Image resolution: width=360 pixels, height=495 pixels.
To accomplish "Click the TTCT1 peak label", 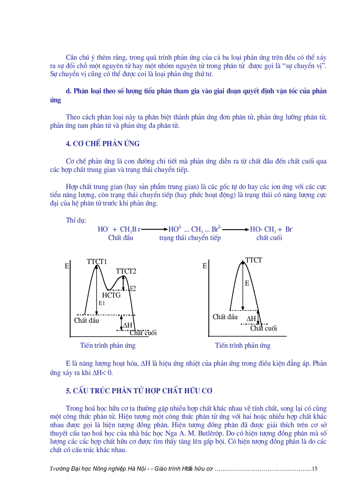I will [x=97, y=262].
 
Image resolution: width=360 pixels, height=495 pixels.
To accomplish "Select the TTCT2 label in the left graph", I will [x=126, y=271].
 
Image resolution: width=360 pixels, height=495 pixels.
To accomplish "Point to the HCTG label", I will [x=111, y=295].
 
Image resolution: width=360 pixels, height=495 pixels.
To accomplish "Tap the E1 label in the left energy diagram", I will [x=101, y=303].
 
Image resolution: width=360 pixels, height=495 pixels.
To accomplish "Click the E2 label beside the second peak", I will [x=132, y=289].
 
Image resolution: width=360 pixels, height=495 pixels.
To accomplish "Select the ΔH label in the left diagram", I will [x=127, y=325].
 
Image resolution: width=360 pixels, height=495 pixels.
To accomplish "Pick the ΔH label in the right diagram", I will [x=251, y=319].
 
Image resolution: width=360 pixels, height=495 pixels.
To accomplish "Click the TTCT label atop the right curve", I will [x=254, y=260].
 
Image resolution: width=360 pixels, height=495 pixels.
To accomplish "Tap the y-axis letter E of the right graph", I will [x=205, y=266].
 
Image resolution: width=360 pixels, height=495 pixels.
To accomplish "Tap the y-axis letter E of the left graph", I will [x=67, y=266].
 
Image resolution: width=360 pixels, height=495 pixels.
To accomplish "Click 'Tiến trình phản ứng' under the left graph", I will [x=108, y=345].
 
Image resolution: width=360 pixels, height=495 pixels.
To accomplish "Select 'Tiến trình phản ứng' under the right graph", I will [x=243, y=345].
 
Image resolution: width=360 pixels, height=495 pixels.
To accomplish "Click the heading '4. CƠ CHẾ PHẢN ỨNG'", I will [x=102, y=144].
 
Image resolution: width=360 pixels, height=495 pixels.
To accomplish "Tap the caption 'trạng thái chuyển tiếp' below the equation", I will [x=190, y=238].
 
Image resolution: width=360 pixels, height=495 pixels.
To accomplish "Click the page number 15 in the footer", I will [x=314, y=469].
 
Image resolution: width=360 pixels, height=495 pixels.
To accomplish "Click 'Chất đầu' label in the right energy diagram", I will [x=225, y=317].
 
